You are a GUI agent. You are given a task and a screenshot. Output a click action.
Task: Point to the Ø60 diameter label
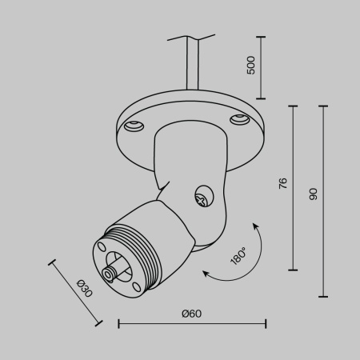click(191, 313)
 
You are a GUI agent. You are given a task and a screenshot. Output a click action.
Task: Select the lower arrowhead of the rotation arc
click(206, 275)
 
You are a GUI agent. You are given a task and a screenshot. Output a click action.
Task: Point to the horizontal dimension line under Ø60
click(192, 323)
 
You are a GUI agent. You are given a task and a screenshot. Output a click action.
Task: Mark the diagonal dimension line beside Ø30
click(76, 292)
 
